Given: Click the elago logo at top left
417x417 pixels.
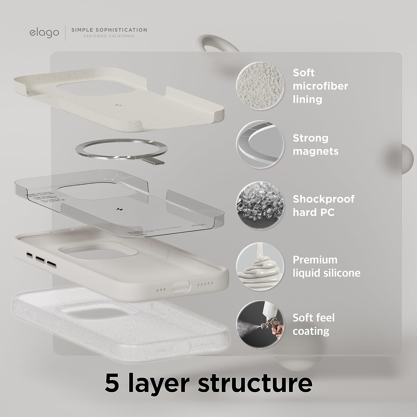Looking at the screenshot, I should (x=44, y=32).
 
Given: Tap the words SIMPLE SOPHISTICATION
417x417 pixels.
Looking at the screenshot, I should (x=109, y=30).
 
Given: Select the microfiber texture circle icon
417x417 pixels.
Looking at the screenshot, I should (x=260, y=86).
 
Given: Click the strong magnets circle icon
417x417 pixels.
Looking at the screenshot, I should (x=260, y=144).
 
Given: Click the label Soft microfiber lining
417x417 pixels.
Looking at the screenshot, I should (x=320, y=86).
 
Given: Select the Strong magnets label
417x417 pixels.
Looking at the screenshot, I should (x=315, y=145).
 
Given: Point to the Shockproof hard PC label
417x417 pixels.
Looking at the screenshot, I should (x=323, y=206).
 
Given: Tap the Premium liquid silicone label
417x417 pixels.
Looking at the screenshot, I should (x=326, y=266).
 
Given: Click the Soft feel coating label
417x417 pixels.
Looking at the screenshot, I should (x=313, y=324).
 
